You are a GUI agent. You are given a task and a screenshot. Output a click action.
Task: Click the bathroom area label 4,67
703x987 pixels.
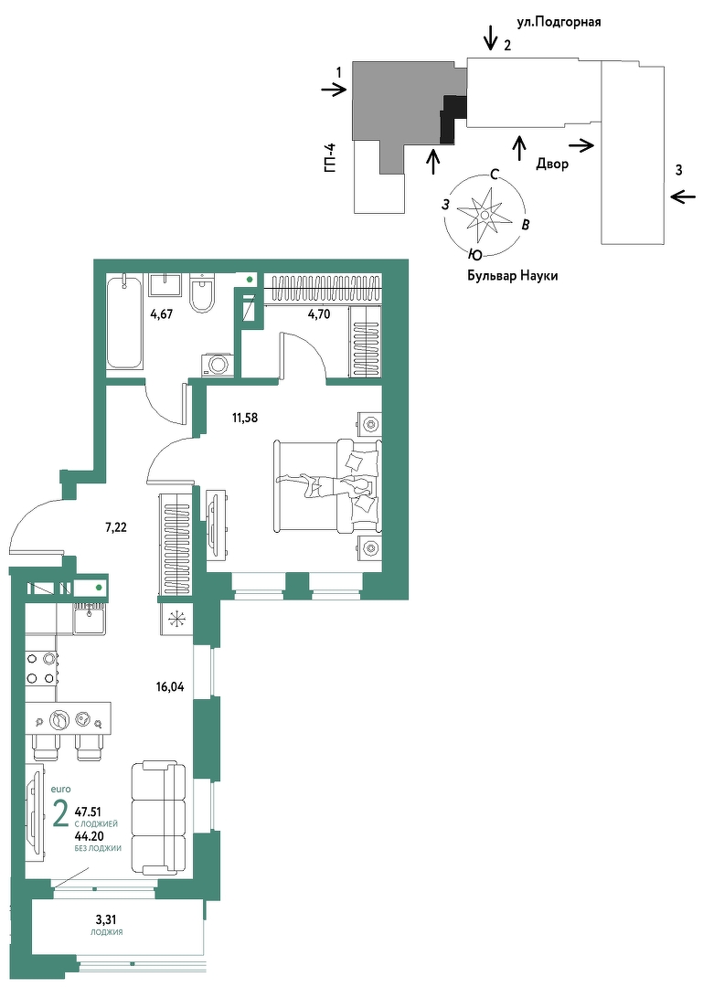tap(161, 317)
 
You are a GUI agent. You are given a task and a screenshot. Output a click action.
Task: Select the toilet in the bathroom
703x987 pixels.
tap(203, 293)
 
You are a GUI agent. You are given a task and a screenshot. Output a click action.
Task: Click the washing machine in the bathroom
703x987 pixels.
tap(218, 365)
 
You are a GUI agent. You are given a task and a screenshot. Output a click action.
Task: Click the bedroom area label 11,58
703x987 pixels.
tap(245, 417)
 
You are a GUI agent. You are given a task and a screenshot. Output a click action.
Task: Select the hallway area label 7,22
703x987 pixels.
tap(116, 527)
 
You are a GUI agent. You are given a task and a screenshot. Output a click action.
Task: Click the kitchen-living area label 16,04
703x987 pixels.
tap(169, 687)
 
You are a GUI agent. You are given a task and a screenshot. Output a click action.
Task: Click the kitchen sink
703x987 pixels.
tap(88, 618)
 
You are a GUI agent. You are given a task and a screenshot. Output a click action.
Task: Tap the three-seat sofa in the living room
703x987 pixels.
tap(158, 817)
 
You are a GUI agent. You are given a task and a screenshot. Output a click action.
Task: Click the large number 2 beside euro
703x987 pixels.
tap(61, 815)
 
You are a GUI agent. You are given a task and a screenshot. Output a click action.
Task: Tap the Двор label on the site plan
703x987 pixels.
tap(552, 164)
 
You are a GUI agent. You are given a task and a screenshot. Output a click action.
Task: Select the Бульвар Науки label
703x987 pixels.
tap(512, 276)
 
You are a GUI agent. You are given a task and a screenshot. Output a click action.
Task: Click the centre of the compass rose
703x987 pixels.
tap(485, 216)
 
